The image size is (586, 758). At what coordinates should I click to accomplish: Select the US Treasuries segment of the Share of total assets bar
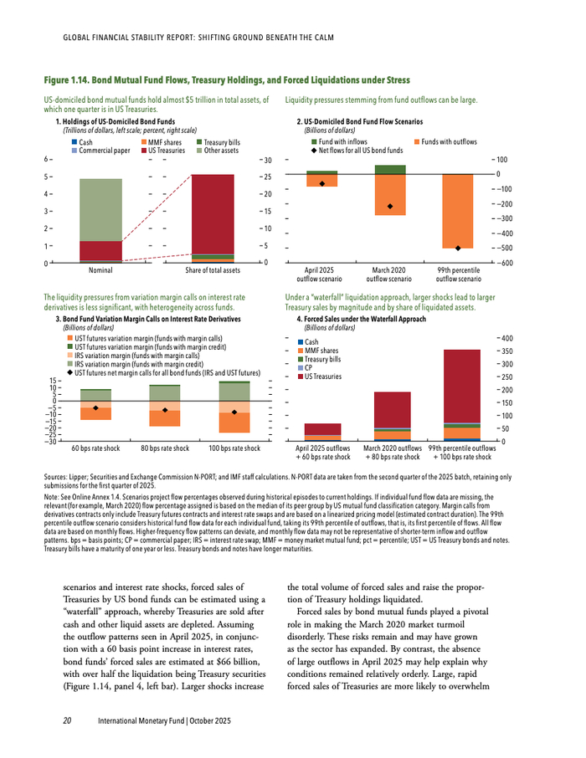click(212, 213)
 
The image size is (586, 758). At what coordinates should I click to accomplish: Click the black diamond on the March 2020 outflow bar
click(390, 206)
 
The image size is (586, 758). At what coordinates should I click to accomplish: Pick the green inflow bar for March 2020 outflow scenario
click(390, 169)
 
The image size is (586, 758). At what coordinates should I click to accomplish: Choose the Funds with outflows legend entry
click(448, 142)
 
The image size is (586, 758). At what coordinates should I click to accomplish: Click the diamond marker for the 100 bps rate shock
click(234, 412)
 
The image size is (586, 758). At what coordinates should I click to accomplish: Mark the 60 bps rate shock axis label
click(95, 449)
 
